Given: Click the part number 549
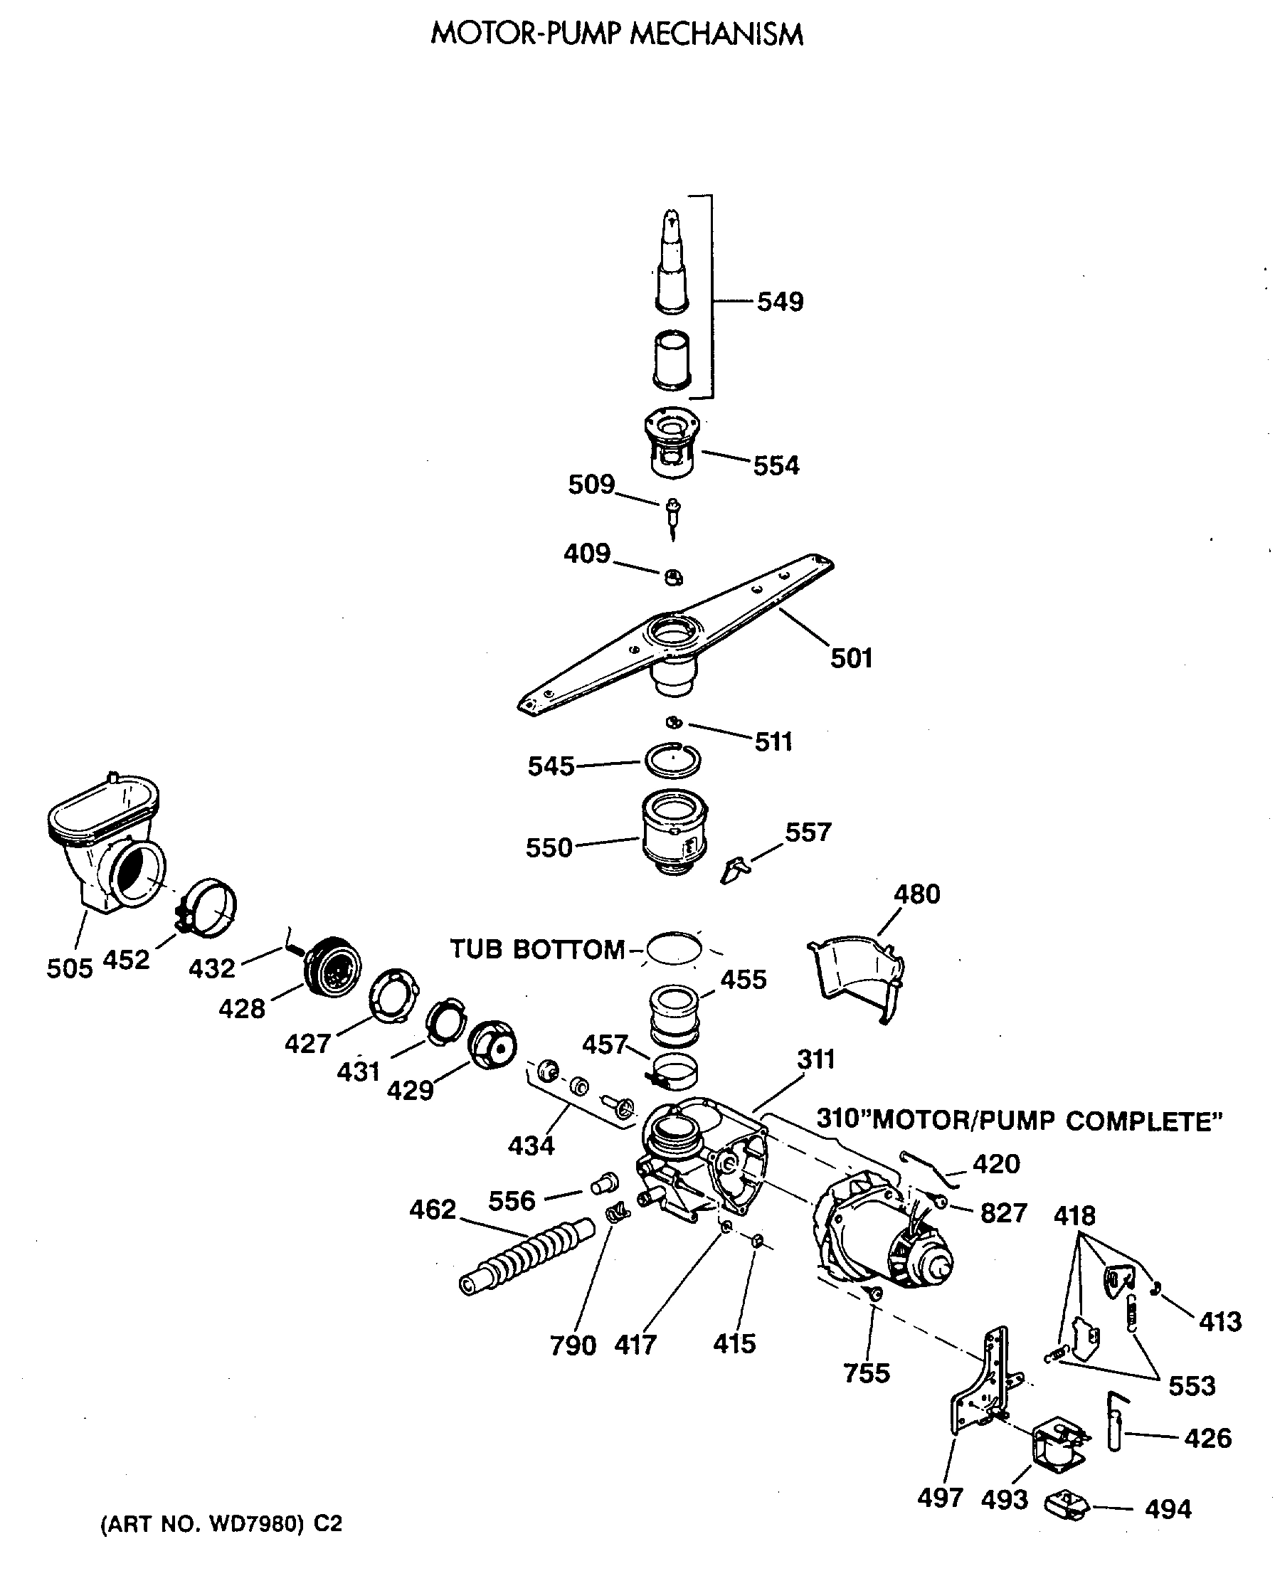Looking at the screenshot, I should coord(780,302).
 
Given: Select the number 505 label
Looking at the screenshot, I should coord(70,968).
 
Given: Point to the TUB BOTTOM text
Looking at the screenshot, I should coord(537,950).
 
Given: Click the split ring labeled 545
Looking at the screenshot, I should coord(672,761).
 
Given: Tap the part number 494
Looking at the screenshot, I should coord(1168,1510).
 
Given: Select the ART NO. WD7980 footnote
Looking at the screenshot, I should coord(221,1525).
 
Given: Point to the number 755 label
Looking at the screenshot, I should coord(867,1373).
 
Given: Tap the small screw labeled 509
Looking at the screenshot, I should coord(673,514).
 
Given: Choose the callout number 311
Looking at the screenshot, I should coord(816,1060).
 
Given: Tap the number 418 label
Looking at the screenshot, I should coord(1074,1215).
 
